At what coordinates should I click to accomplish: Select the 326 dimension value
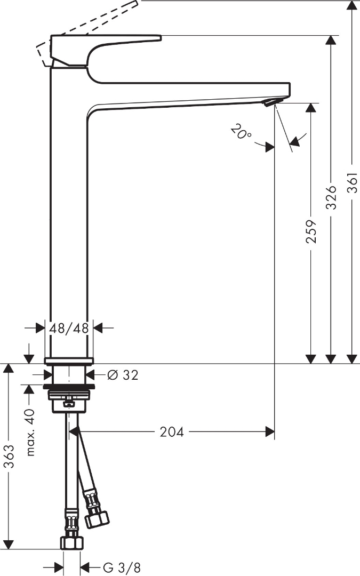331,197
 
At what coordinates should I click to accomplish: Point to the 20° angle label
241,131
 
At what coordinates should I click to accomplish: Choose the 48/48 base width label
69,328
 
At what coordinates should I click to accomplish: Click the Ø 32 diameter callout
122,375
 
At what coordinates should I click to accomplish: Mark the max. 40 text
30,432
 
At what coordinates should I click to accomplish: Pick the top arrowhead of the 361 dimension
351,5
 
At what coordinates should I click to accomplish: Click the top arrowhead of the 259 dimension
311,108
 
